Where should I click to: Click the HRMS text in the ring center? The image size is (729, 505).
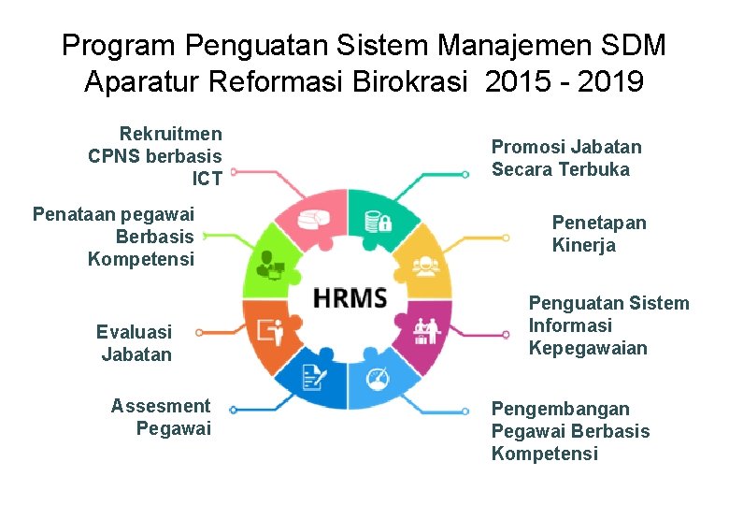(x=350, y=299)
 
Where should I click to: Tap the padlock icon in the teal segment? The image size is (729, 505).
(x=378, y=222)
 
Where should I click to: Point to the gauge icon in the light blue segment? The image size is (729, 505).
(x=378, y=381)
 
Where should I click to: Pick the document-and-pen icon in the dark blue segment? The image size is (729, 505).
(x=314, y=378)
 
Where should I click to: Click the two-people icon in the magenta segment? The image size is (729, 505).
(x=426, y=330)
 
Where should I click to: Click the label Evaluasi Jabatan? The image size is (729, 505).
(x=136, y=343)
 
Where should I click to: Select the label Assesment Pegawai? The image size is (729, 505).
(x=161, y=417)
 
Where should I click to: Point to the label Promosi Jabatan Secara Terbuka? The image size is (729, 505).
(x=565, y=158)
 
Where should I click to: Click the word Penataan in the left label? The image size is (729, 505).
(x=72, y=214)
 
